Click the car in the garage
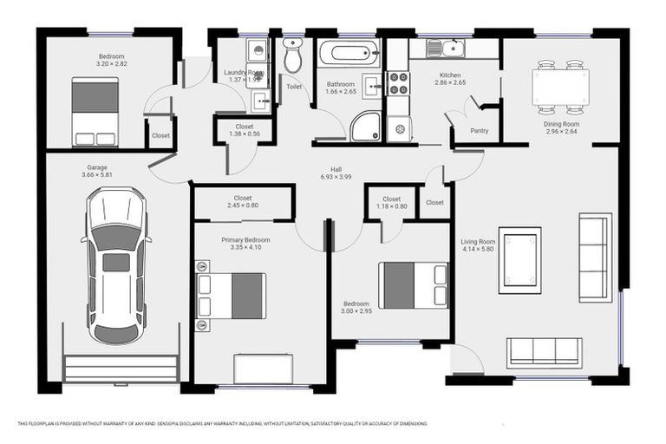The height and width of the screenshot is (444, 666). pyautogui.click(x=115, y=265)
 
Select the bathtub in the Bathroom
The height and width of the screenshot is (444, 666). pyautogui.click(x=349, y=53)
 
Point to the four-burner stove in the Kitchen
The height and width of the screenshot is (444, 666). pyautogui.click(x=398, y=82)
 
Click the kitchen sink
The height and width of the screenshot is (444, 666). pyautogui.click(x=452, y=48)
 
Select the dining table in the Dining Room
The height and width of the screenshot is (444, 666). pyautogui.click(x=560, y=87)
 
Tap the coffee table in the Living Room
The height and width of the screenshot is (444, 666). pyautogui.click(x=519, y=259)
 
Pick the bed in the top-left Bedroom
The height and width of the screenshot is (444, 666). pyautogui.click(x=95, y=111)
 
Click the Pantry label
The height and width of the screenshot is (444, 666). pyautogui.click(x=479, y=131)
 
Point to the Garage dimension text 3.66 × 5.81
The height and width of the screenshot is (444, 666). pyautogui.click(x=97, y=175)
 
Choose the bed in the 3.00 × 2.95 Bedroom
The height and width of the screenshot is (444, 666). pyautogui.click(x=413, y=285)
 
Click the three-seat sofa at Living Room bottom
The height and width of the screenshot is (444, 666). pyautogui.click(x=545, y=351)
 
